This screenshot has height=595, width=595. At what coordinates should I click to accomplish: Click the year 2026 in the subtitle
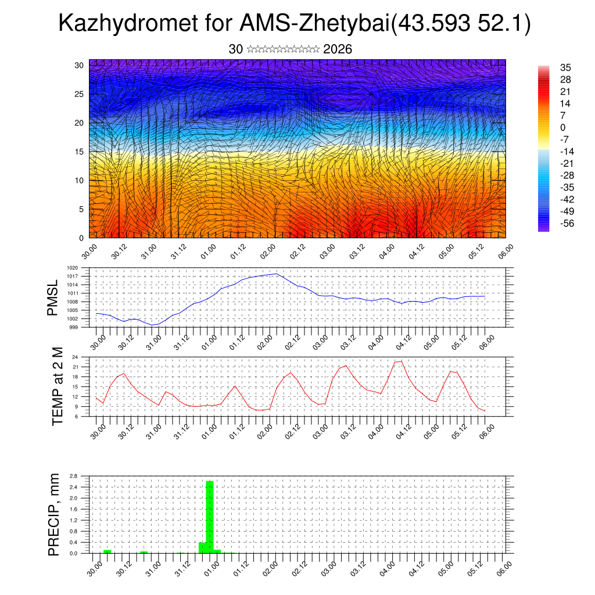[338, 49]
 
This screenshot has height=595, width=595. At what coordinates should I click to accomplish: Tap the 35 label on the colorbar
[565, 67]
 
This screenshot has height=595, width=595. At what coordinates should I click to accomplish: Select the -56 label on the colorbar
[564, 223]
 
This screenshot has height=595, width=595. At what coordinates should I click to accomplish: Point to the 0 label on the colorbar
[562, 127]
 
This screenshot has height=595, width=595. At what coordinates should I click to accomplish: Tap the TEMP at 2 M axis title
[57, 386]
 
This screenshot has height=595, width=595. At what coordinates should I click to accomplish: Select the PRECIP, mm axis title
[53, 514]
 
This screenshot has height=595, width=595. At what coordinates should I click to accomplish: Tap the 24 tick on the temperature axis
[75, 357]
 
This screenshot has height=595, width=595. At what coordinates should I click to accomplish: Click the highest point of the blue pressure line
[277, 274]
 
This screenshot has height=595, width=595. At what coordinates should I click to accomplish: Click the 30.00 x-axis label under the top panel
[89, 252]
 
